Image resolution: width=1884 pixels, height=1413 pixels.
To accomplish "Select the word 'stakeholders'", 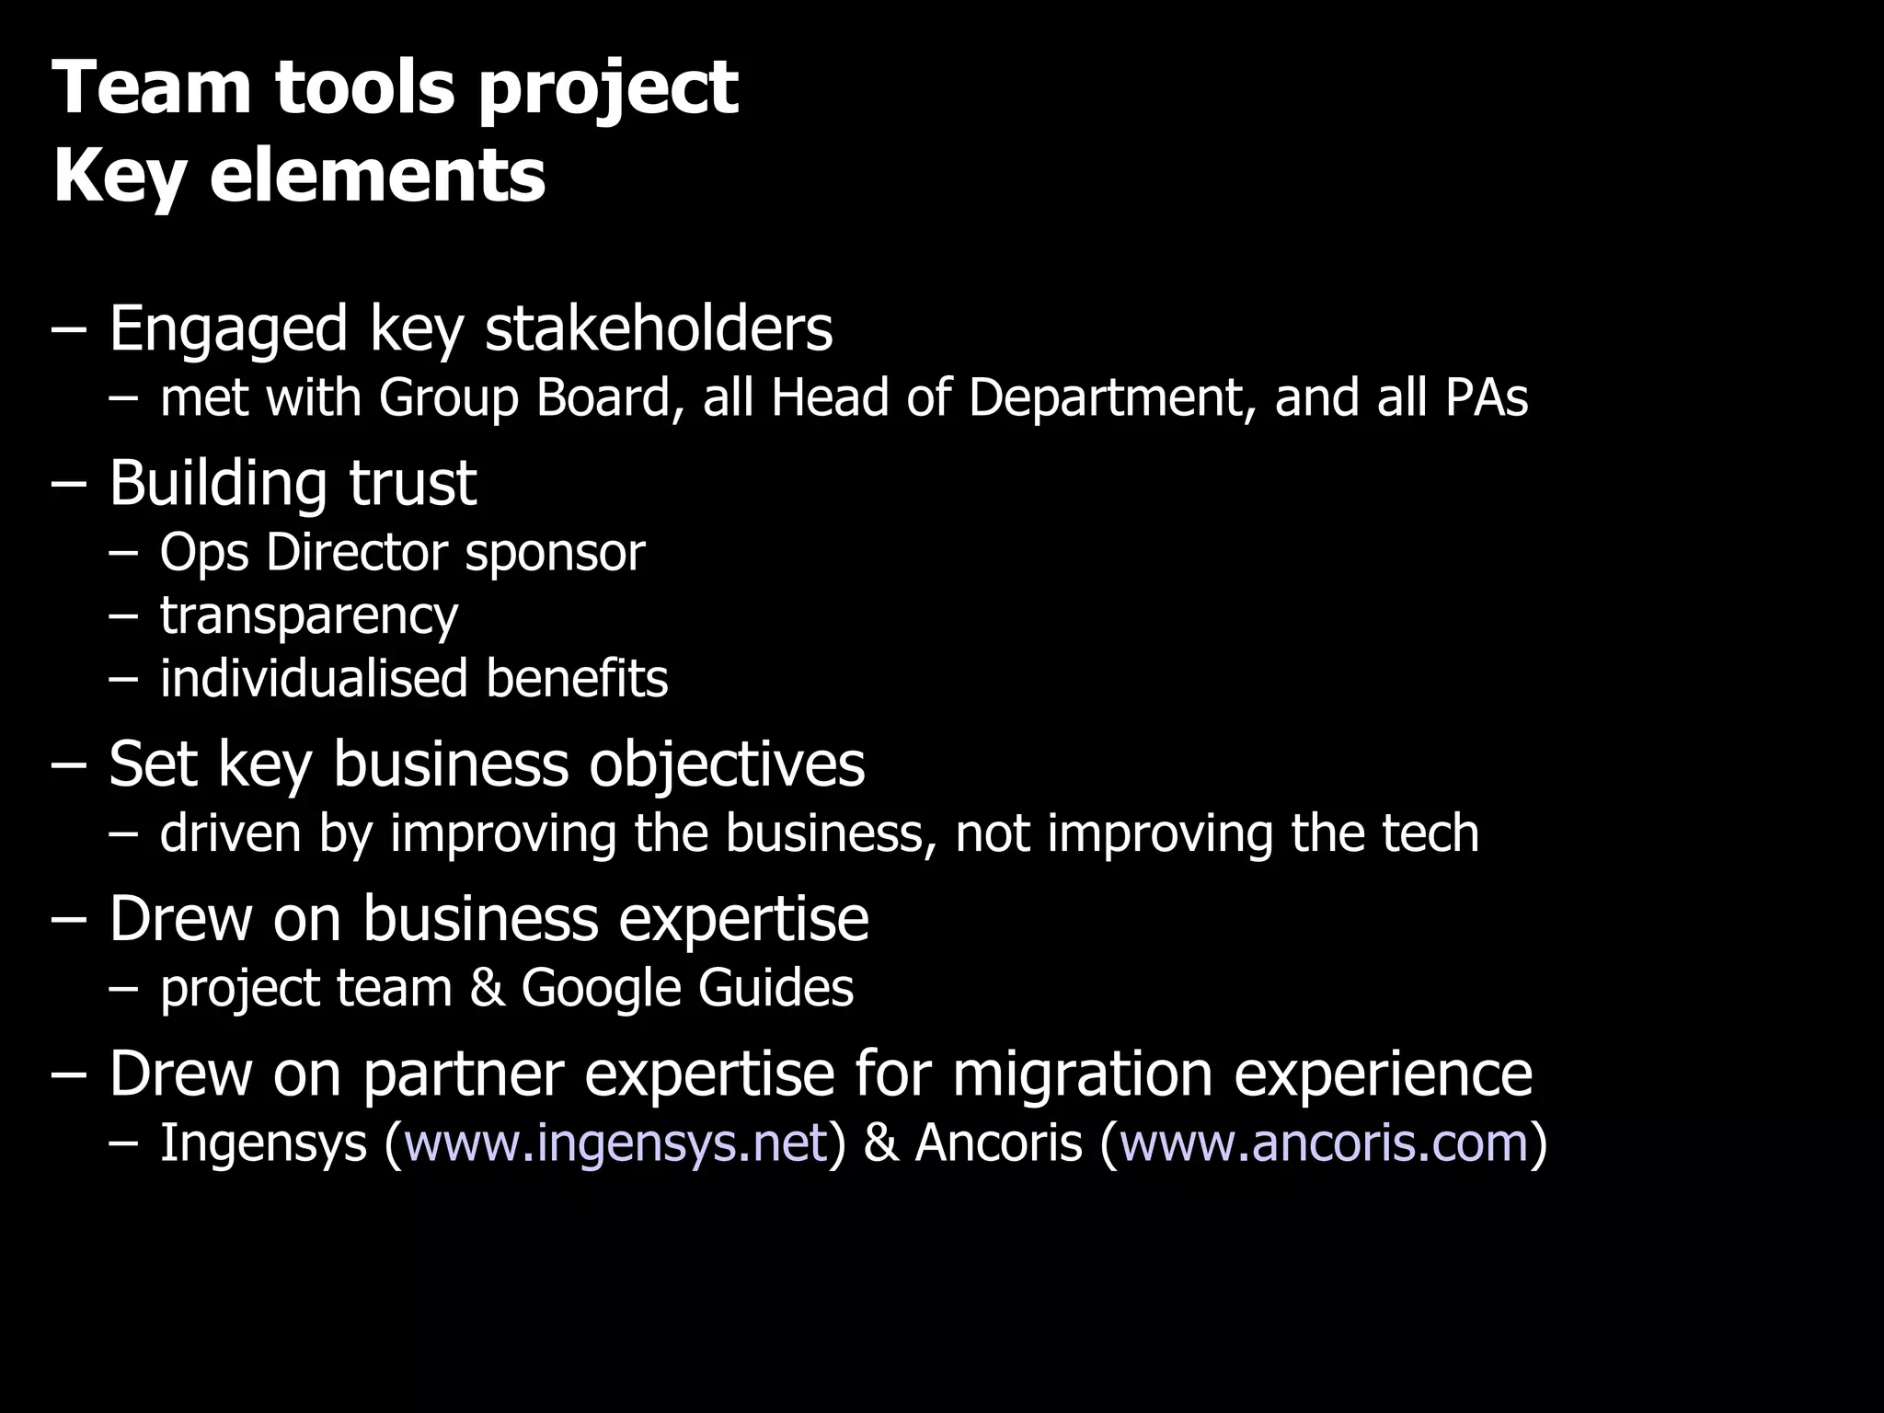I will pos(659,328).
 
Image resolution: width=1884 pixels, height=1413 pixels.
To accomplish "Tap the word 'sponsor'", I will pos(555,553).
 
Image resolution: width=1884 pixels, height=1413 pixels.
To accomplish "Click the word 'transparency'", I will pos(309,615).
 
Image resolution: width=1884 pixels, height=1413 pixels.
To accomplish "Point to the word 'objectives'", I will pos(727,764).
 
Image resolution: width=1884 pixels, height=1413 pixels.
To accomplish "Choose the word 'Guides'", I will pos(775,988).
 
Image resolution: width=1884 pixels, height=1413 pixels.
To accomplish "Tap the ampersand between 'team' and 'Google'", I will pos(487,988).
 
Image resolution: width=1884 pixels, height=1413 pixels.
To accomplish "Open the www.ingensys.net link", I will pos(615,1143).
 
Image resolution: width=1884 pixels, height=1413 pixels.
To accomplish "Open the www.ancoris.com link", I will pos(1324,1143).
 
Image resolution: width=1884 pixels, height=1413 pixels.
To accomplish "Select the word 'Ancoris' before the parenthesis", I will pos(998,1143).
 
